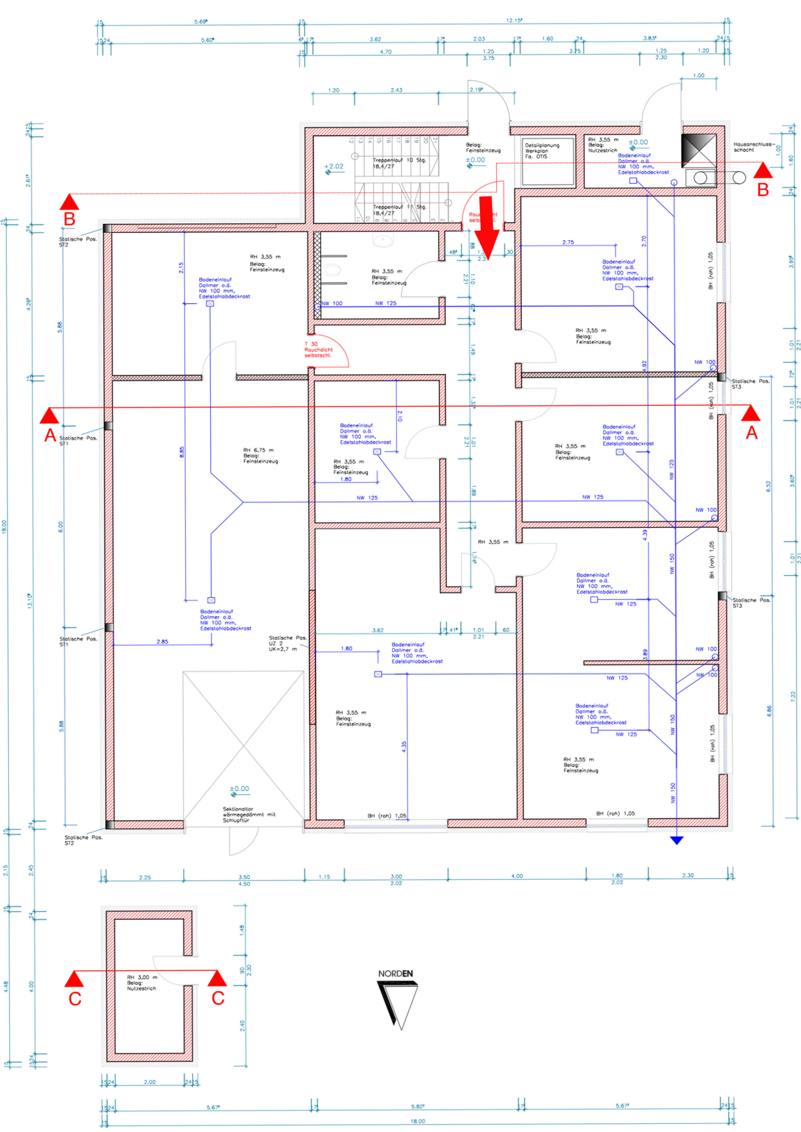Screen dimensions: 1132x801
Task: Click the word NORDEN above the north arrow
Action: [x=395, y=973]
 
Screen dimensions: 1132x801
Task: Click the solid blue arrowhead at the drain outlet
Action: [x=676, y=840]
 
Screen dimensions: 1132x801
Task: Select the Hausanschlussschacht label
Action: [x=753, y=147]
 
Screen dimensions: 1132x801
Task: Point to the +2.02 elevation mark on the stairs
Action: [x=334, y=167]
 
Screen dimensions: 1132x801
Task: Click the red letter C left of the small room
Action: [x=75, y=998]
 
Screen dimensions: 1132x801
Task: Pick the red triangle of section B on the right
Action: [x=762, y=171]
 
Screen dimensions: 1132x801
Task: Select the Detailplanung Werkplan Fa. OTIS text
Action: [x=541, y=151]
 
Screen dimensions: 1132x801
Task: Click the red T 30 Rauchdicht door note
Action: [x=318, y=350]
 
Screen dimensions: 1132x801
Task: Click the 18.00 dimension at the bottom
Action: [x=417, y=1121]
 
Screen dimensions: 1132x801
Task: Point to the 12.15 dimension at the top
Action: [x=514, y=21]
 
